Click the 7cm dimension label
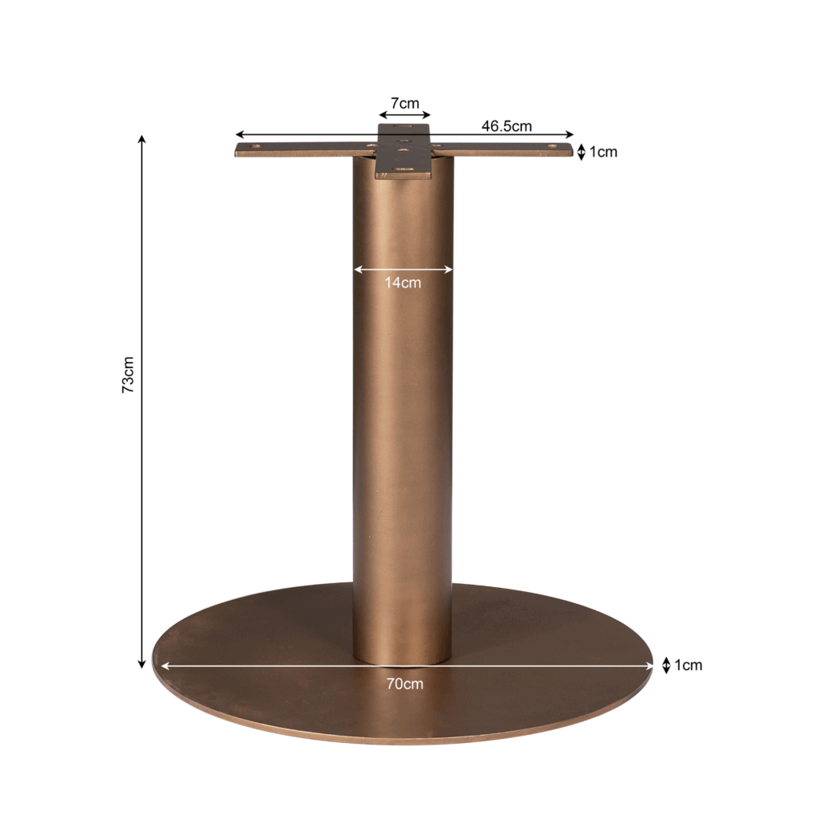pos(405,103)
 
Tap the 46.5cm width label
pos(506,126)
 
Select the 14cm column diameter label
pos(403,283)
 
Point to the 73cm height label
pos(128,375)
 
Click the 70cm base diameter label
pos(405,684)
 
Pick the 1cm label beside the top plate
pos(604,153)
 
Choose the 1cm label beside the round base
pos(689,665)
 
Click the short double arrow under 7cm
pos(405,115)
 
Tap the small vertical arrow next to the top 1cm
pos(582,153)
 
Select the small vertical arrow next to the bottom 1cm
pos(665,665)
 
